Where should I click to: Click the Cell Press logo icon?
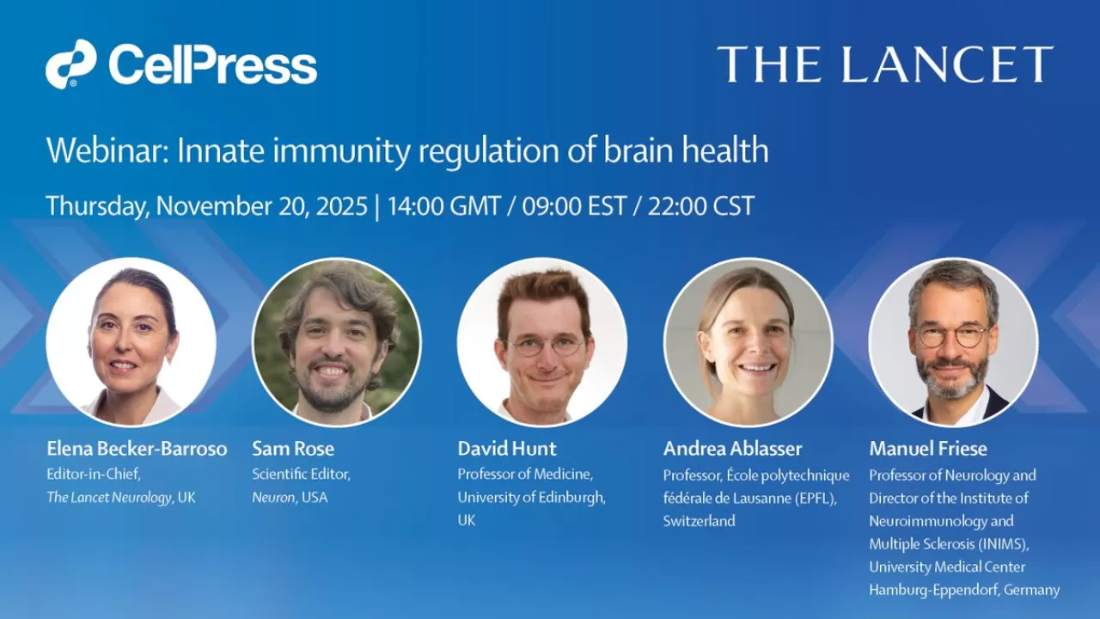click(70, 64)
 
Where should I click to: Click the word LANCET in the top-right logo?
click(947, 64)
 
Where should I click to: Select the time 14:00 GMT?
click(444, 205)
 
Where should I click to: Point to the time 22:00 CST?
click(700, 205)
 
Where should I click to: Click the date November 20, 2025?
click(261, 206)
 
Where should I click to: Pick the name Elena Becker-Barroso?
click(137, 449)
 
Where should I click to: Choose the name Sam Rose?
click(293, 449)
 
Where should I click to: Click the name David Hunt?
click(507, 449)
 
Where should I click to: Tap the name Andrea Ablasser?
click(733, 449)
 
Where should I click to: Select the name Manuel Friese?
click(928, 449)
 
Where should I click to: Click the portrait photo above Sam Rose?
click(337, 342)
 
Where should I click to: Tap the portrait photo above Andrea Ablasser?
click(749, 342)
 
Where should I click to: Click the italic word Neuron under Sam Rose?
click(273, 498)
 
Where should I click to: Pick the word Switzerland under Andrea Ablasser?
click(700, 521)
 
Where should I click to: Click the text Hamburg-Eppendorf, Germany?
click(964, 590)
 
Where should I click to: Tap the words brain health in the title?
click(686, 150)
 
